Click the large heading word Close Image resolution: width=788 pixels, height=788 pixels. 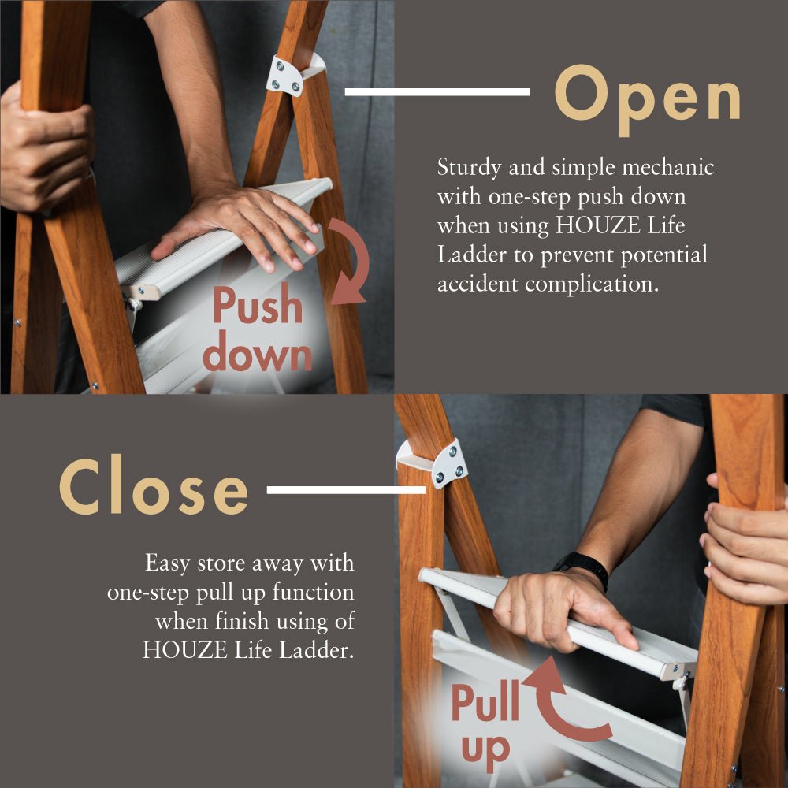[x=154, y=485]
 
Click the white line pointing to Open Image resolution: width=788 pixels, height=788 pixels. [x=437, y=92]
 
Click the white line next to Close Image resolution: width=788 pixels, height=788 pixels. [x=346, y=490]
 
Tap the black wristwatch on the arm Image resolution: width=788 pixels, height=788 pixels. [x=583, y=567]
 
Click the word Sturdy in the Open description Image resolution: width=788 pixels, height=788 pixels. [x=469, y=168]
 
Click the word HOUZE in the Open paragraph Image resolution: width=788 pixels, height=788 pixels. [x=597, y=225]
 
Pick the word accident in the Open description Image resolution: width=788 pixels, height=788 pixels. [x=478, y=284]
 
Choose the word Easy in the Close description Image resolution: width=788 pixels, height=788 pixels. [x=167, y=564]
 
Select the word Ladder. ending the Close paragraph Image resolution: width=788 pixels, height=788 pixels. [x=317, y=650]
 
